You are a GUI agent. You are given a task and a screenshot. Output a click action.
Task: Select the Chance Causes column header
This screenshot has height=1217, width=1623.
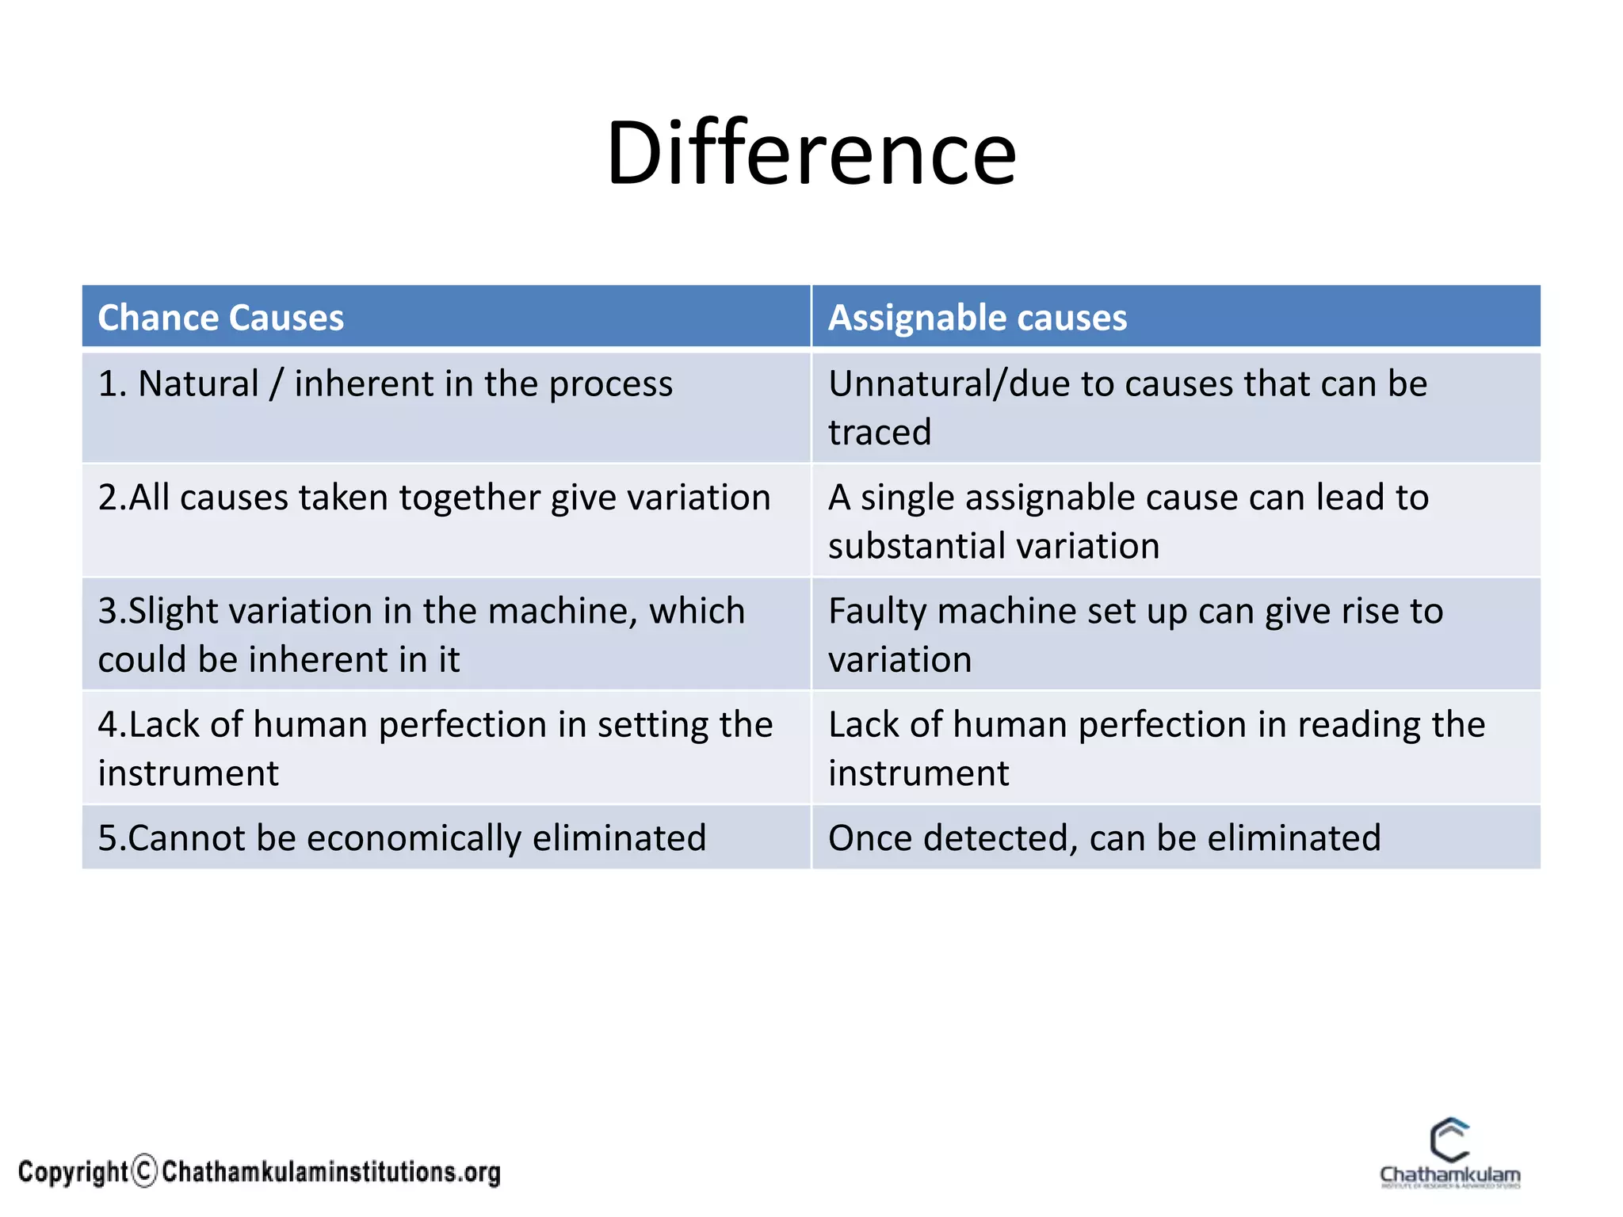(x=220, y=318)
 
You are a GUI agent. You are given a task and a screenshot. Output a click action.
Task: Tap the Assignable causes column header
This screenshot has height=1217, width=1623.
(x=976, y=318)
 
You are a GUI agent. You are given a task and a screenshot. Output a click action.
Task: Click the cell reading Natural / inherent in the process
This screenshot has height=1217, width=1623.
(x=385, y=384)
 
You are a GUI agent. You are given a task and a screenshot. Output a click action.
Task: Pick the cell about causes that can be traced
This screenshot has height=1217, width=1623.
(x=1127, y=407)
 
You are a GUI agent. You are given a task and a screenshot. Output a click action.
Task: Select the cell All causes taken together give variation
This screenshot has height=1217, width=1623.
(x=434, y=498)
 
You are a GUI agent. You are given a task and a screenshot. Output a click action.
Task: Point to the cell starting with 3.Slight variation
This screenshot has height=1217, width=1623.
(x=421, y=634)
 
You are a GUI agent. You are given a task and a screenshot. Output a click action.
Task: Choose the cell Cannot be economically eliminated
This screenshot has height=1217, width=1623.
(x=402, y=838)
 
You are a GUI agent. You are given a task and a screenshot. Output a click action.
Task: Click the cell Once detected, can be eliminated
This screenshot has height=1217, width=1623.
(x=1104, y=838)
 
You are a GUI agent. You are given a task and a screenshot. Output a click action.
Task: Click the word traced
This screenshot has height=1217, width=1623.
(x=879, y=433)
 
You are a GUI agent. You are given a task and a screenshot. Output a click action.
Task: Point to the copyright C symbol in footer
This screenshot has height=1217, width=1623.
(x=145, y=1171)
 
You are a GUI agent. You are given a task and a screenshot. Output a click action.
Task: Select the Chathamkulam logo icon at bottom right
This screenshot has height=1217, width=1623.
(x=1449, y=1141)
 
